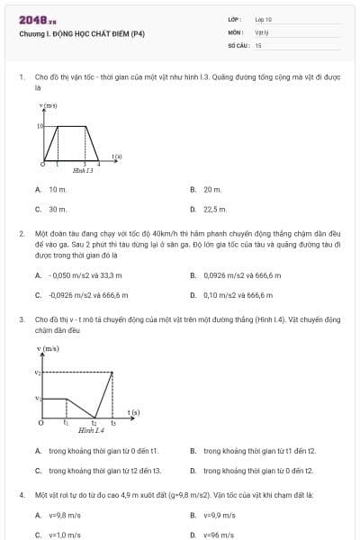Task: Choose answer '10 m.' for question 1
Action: pos(58,190)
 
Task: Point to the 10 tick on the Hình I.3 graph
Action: pos(40,126)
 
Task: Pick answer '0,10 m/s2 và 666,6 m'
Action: pos(238,294)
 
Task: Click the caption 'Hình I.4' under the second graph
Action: pos(91,430)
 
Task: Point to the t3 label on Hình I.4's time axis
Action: pos(112,422)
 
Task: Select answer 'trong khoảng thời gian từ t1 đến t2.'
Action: pos(259,450)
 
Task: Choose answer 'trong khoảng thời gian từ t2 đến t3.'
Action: pos(104,469)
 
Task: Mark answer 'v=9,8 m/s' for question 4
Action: pos(64,515)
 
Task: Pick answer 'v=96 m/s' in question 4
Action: pos(219,534)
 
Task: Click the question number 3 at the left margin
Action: pos(21,319)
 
